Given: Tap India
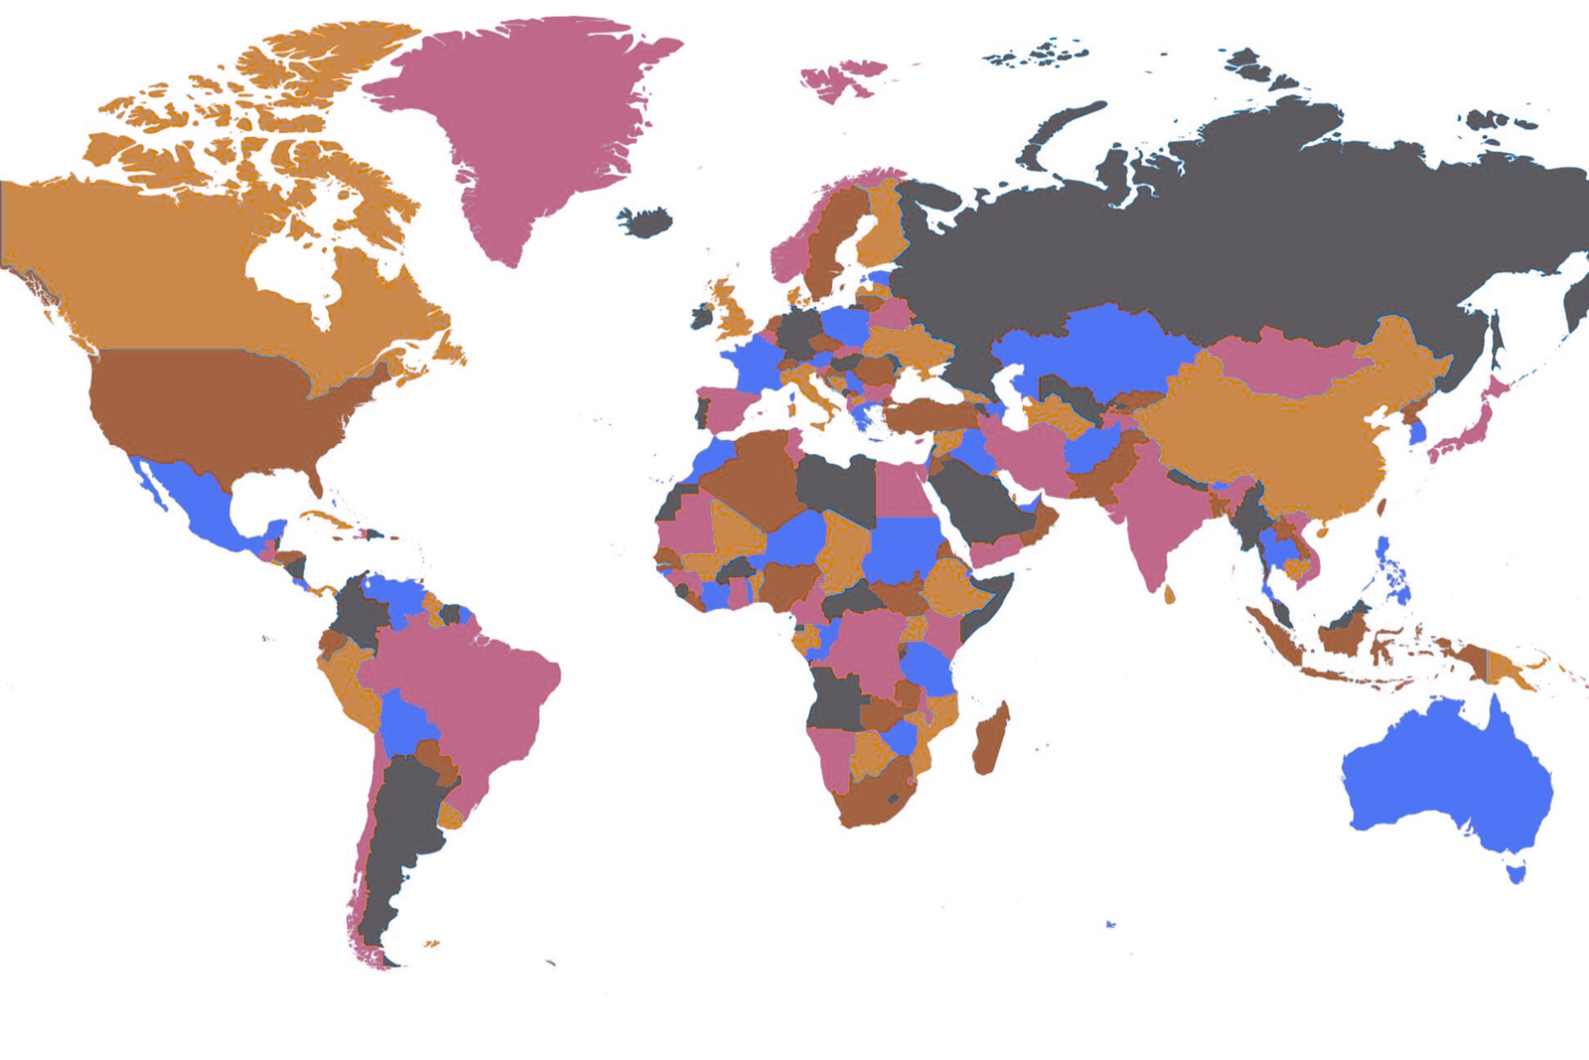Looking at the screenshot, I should (1152, 507).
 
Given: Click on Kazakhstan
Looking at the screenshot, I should (1092, 348).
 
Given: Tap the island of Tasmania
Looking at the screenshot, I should (1516, 874).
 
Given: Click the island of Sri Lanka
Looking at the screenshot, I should (1169, 595).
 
